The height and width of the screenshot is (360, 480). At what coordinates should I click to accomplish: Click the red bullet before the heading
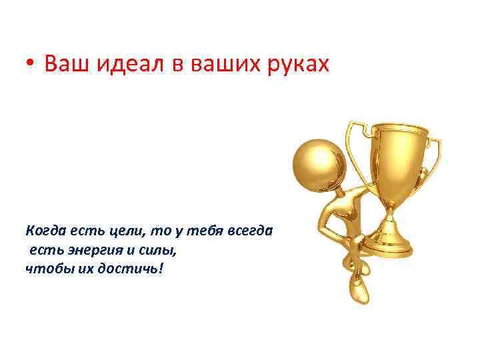coord(31,65)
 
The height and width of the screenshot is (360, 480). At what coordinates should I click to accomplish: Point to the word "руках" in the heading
coord(297,65)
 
